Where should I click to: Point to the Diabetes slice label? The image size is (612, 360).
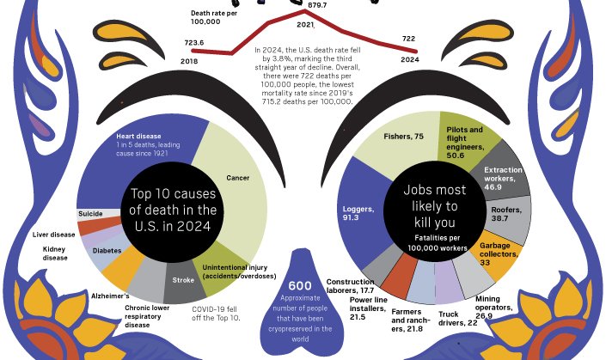tap(107, 250)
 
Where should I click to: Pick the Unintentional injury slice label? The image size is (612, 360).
tap(239, 272)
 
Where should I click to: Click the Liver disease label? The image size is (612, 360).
tap(53, 234)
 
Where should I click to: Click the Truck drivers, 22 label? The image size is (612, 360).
tap(460, 318)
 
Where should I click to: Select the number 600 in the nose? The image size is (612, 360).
tap(299, 285)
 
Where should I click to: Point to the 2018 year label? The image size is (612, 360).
tap(191, 61)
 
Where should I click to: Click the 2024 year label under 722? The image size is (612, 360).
tap(410, 60)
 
